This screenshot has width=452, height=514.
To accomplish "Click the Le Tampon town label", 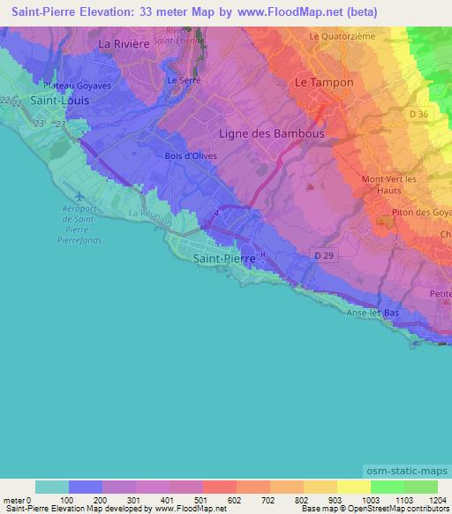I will click(323, 82).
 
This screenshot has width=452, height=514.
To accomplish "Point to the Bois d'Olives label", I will click(191, 156).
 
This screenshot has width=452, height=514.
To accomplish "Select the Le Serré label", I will click(179, 79).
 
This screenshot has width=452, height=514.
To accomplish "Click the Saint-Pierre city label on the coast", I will click(223, 258).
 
